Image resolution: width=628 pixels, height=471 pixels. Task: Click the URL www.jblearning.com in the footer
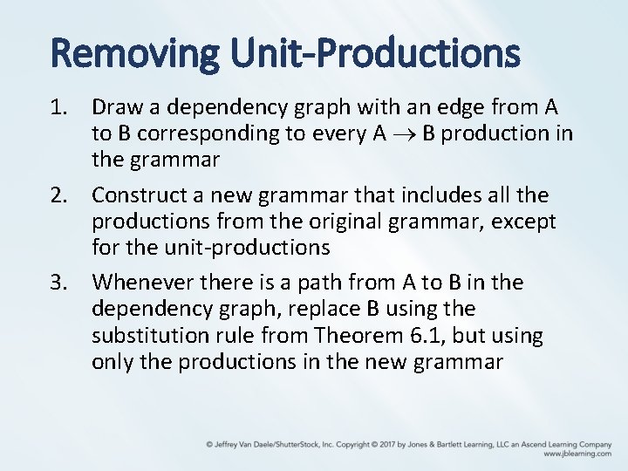click(x=577, y=454)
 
